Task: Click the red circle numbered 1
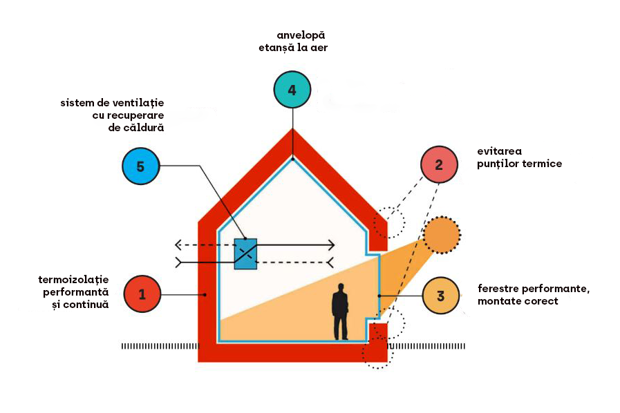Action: (142, 294)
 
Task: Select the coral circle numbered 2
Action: (439, 164)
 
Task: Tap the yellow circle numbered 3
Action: (441, 296)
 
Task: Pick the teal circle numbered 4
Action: (292, 90)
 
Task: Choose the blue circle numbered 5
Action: (140, 166)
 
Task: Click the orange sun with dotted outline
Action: (442, 236)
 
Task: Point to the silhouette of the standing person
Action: (340, 311)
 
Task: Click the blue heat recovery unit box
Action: (245, 253)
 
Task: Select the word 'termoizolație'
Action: (75, 280)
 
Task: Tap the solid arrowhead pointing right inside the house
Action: (332, 244)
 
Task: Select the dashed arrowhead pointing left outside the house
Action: (178, 244)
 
